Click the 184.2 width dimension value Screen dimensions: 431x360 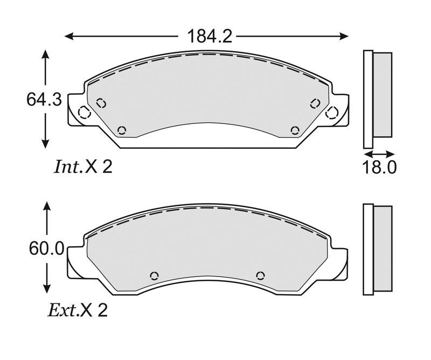210,36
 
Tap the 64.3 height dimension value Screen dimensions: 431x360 44,99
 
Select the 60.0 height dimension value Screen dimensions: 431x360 46,249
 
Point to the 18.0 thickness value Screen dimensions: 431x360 379,167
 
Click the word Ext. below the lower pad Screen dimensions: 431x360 62,310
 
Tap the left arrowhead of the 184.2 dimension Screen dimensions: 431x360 69,36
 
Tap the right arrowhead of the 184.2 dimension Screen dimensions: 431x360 344,36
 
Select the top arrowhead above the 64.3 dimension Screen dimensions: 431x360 45,55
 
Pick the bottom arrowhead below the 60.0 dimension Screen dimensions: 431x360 47,289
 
